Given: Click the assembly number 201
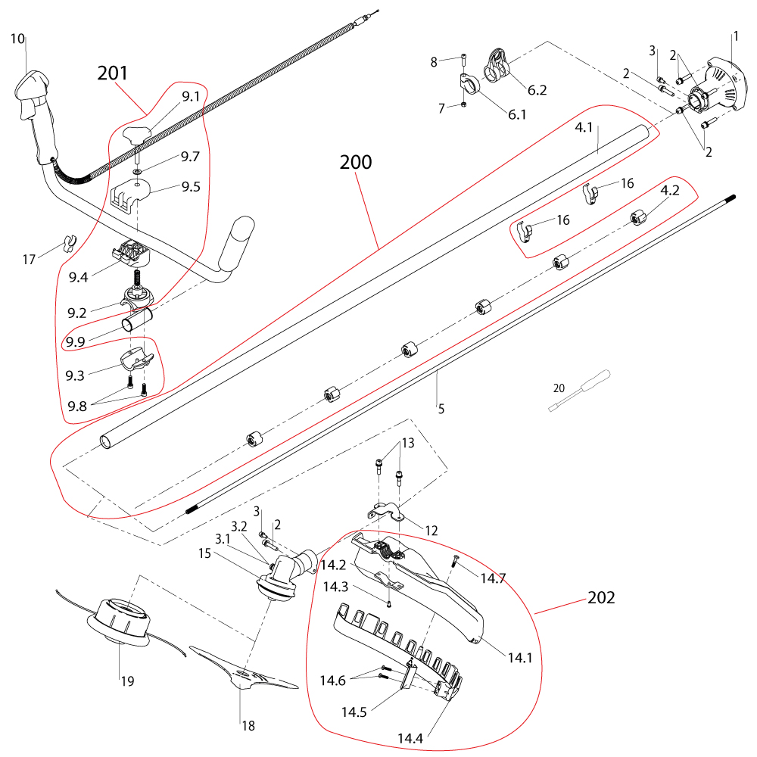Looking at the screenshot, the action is (113, 73).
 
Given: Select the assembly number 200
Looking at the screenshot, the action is (356, 162).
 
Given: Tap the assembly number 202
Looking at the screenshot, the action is (601, 598).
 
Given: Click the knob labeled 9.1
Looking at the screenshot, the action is (136, 135).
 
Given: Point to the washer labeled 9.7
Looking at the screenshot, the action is (138, 171).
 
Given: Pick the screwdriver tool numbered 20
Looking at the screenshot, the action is (580, 391).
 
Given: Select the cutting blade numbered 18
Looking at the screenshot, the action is (244, 668).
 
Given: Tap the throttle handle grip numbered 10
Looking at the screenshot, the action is (34, 114).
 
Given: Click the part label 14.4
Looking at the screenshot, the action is (410, 738).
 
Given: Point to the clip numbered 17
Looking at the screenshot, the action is (70, 243).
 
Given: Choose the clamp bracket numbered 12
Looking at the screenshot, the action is (387, 511).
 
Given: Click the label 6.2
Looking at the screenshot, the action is (537, 90).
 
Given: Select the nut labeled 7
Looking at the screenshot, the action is (464, 104).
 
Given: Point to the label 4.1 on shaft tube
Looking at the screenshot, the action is (584, 127).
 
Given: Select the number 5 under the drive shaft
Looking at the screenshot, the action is (441, 410).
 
